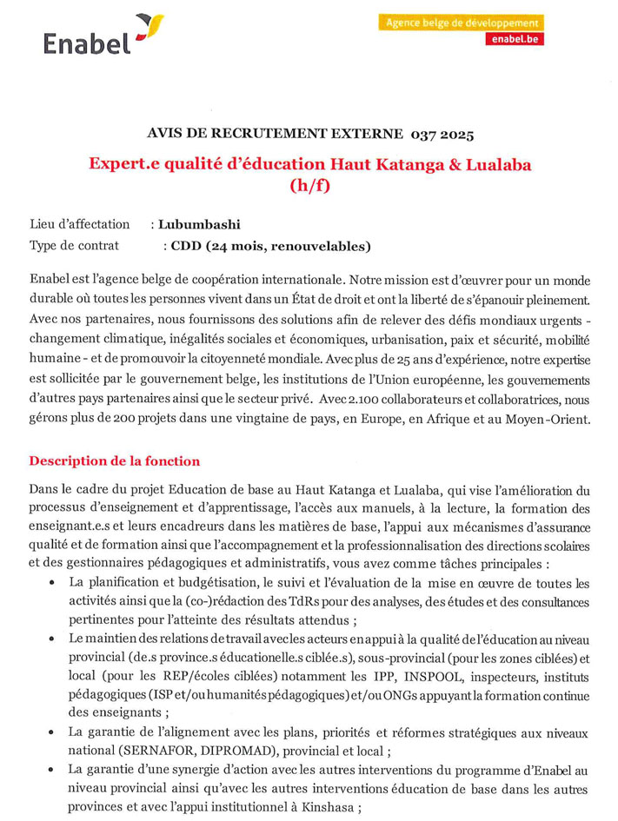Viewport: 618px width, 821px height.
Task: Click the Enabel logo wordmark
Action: pos(86,43)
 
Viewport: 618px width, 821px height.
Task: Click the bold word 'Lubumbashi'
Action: pos(199,225)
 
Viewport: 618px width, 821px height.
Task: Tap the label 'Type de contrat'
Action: pos(74,246)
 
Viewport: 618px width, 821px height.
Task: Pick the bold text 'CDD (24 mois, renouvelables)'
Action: pos(270,246)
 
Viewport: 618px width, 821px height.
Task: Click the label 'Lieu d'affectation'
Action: pos(80,225)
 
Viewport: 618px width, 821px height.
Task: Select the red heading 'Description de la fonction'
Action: pos(115,461)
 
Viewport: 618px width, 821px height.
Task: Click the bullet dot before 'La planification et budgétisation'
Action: pos(56,584)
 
